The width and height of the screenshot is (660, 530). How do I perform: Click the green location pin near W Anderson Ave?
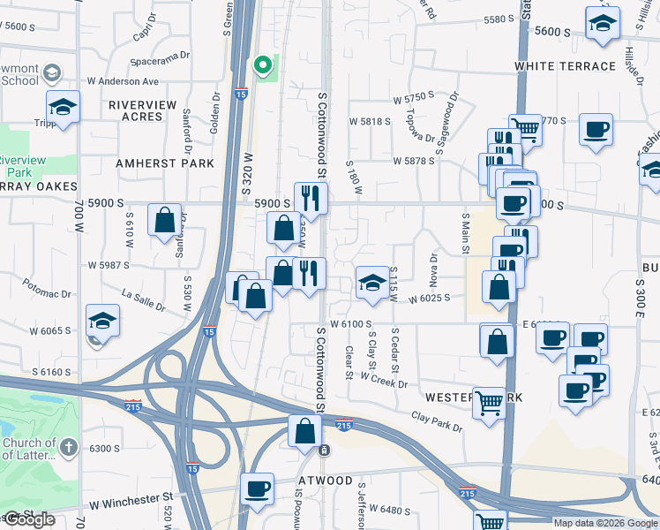point(262,65)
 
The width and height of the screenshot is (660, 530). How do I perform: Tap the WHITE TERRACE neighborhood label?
point(565,66)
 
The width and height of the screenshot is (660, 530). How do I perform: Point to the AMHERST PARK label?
point(166,163)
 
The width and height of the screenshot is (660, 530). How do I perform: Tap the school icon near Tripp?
point(64,108)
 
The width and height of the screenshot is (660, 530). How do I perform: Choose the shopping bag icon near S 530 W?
point(165,221)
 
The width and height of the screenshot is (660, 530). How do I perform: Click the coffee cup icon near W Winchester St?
point(258,488)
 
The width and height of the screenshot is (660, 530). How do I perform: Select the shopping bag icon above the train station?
point(304,432)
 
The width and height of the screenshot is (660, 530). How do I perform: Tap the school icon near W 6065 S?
point(102,321)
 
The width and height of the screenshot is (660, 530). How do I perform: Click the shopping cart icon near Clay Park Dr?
point(488,402)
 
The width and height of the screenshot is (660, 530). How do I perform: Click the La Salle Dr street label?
point(143,300)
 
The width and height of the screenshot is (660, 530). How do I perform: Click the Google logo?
point(29,520)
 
